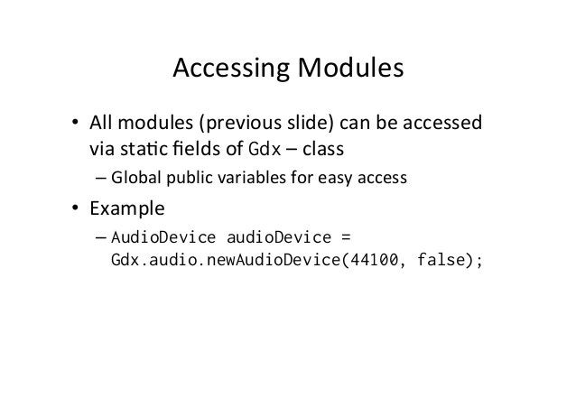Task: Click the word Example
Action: (x=125, y=209)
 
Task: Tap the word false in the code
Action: (x=437, y=262)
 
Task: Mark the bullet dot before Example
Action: (x=78, y=210)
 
